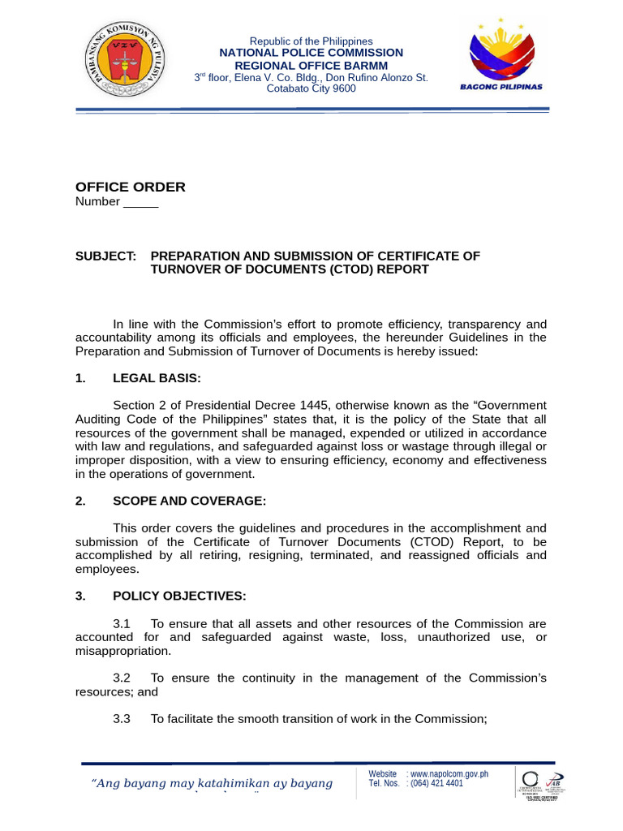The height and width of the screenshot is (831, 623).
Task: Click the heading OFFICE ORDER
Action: tap(131, 187)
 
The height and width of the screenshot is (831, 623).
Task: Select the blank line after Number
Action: tap(140, 203)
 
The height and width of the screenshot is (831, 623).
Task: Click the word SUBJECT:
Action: tap(105, 256)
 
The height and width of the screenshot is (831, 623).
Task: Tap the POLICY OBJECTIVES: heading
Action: tap(178, 596)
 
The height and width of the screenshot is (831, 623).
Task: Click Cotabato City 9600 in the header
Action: tap(311, 88)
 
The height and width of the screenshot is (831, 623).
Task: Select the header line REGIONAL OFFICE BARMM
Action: tap(311, 65)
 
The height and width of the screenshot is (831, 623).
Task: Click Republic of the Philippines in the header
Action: tap(311, 41)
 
